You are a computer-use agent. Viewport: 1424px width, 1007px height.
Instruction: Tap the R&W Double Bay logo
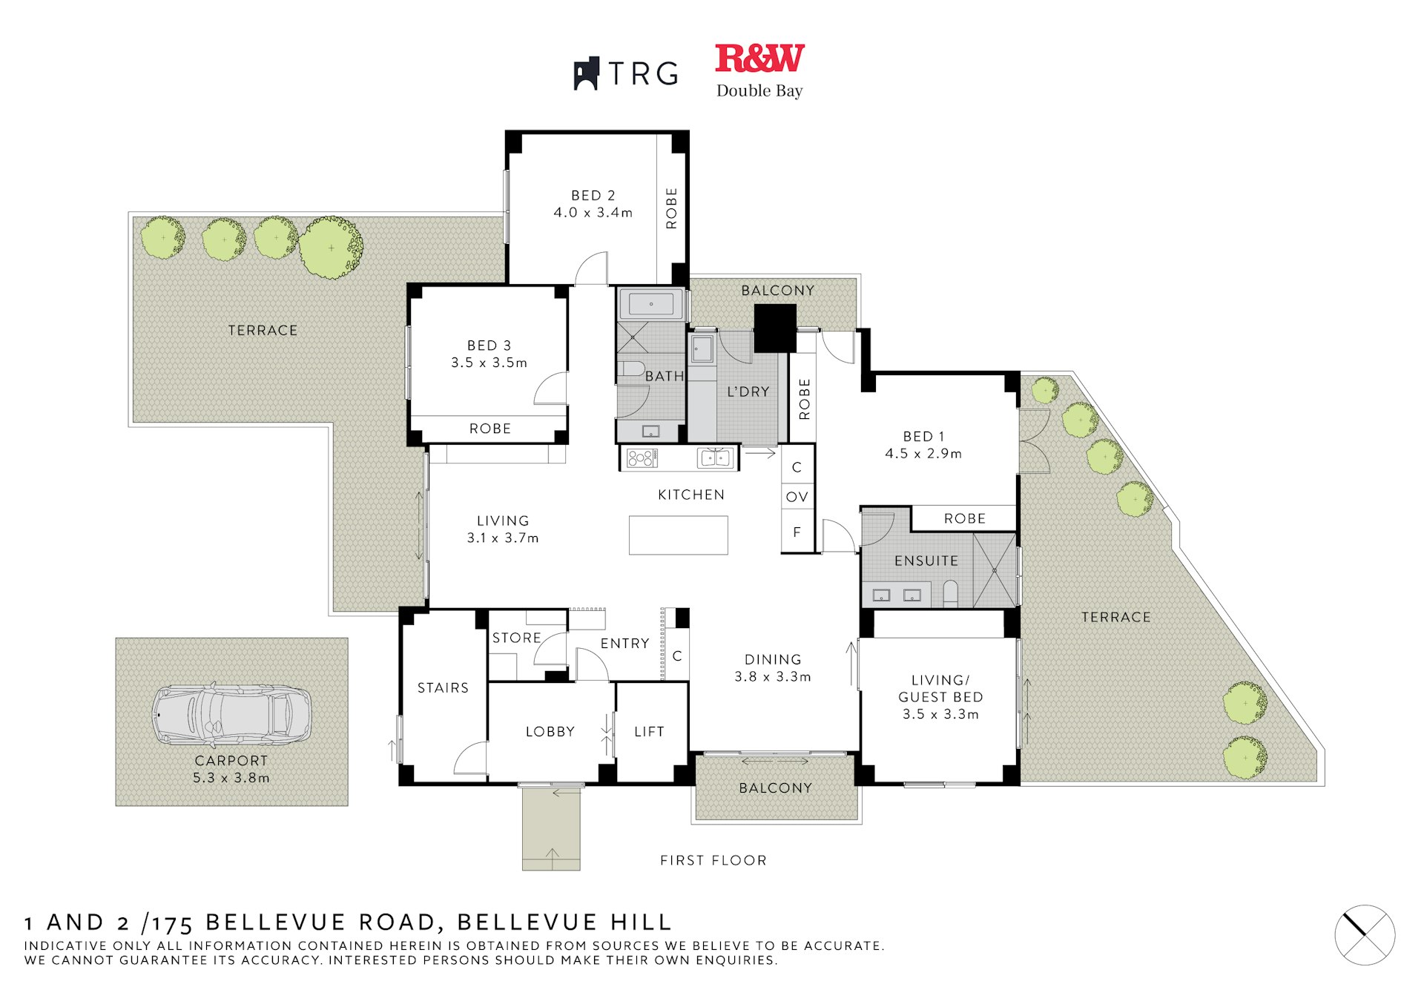click(759, 70)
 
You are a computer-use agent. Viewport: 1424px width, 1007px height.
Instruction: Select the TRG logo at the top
click(626, 73)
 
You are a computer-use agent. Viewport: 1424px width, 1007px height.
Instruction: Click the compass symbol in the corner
click(1365, 935)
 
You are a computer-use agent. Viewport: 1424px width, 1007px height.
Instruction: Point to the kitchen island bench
click(678, 535)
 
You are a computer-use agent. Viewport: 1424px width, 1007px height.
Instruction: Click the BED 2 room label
click(593, 196)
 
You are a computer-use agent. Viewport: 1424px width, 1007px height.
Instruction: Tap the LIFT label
click(649, 732)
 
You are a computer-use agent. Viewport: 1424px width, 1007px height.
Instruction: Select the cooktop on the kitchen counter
click(642, 458)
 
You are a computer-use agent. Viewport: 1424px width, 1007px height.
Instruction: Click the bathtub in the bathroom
click(651, 304)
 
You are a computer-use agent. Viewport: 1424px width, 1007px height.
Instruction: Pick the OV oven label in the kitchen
click(797, 497)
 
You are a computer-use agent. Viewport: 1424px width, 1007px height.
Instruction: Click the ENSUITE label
click(926, 561)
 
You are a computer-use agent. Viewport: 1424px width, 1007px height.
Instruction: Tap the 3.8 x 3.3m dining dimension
click(773, 677)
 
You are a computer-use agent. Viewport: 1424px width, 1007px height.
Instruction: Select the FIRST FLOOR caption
click(713, 860)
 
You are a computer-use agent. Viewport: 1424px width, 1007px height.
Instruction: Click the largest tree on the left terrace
click(331, 248)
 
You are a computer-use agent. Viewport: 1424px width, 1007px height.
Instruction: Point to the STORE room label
click(516, 638)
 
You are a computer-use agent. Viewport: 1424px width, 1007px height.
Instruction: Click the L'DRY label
click(748, 392)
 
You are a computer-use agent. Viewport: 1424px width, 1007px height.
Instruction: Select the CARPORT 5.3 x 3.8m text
click(231, 769)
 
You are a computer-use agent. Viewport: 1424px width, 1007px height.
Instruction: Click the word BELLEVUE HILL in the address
click(564, 922)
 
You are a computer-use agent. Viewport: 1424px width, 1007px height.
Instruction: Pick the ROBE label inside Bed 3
click(489, 429)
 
